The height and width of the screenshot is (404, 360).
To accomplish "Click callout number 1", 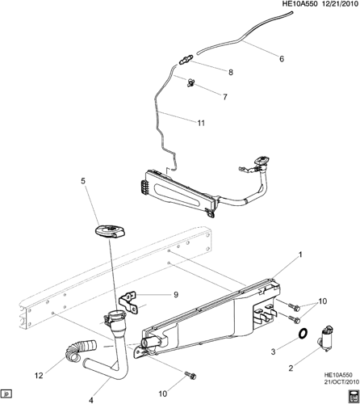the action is (300, 255).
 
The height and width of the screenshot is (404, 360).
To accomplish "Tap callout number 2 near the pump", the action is (291, 368).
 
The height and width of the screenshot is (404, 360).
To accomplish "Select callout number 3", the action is (274, 351).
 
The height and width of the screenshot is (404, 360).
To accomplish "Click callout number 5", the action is (83, 181).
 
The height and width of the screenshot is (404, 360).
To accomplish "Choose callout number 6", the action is (282, 58).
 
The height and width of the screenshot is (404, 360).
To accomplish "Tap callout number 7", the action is (225, 97).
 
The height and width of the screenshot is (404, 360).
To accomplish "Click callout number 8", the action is (231, 72).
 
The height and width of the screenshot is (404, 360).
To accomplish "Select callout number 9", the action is (176, 295).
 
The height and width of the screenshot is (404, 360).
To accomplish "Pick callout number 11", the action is (201, 123).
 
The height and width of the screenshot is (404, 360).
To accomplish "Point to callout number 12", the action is (39, 376).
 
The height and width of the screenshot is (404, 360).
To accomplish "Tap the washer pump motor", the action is (326, 339).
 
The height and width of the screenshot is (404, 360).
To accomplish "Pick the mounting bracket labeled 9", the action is (129, 303).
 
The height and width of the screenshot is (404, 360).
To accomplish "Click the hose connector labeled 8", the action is (186, 60).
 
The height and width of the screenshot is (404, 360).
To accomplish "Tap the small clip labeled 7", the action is (190, 82).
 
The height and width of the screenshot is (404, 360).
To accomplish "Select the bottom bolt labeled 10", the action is (190, 375).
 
